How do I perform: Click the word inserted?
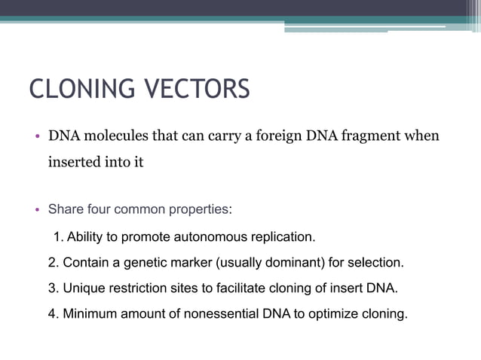(74, 162)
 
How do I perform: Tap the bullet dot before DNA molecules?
(35, 138)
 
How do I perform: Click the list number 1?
(58, 237)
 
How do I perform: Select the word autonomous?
(208, 237)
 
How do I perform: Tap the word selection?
(376, 263)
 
